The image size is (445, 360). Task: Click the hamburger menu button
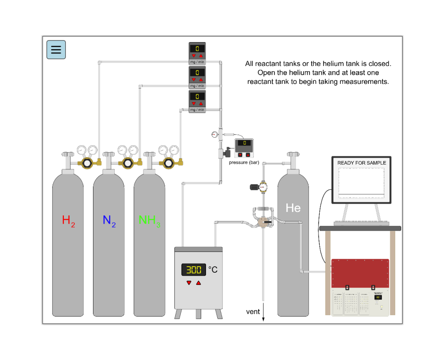[x=56, y=50]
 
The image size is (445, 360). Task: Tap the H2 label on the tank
[x=68, y=221]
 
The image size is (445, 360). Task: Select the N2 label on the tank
[x=109, y=221]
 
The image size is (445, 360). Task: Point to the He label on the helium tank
[x=293, y=208]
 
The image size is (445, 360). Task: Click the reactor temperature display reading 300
[x=194, y=270]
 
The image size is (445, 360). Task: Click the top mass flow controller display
[x=197, y=48]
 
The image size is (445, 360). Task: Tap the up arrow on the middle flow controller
[x=201, y=80]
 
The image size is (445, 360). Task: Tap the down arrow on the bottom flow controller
[x=193, y=104]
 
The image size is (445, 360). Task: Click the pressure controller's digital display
[x=244, y=143]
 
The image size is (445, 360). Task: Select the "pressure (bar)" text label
[x=244, y=162]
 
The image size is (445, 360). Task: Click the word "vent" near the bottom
[x=253, y=312]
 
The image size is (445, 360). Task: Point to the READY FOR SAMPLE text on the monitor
[x=362, y=163]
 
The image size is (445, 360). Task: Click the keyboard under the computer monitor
[x=360, y=223]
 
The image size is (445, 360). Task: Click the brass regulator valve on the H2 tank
[x=86, y=163]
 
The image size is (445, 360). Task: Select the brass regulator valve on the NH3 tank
[x=168, y=163]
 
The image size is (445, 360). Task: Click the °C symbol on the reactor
[x=213, y=270]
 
